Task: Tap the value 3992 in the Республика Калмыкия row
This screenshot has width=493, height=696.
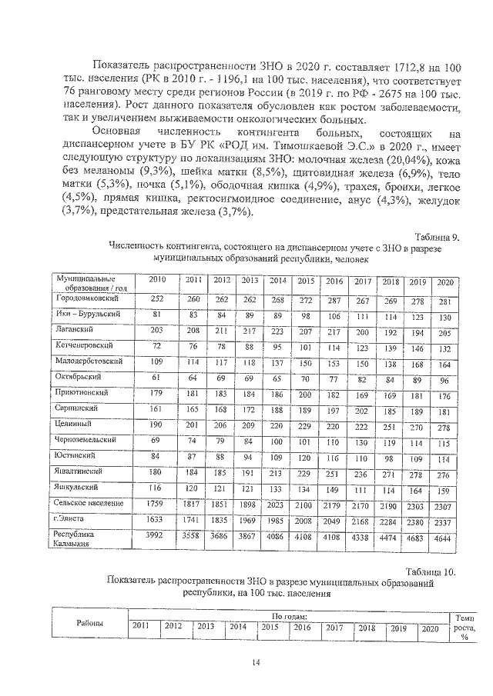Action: pyautogui.click(x=157, y=534)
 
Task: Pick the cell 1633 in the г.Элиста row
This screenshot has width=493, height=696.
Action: pyautogui.click(x=157, y=518)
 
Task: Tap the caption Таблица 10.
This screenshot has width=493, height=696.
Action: pyautogui.click(x=434, y=571)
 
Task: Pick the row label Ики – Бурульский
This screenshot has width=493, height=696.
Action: pyautogui.click(x=87, y=314)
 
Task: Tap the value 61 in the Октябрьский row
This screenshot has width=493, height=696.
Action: pyautogui.click(x=157, y=377)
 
